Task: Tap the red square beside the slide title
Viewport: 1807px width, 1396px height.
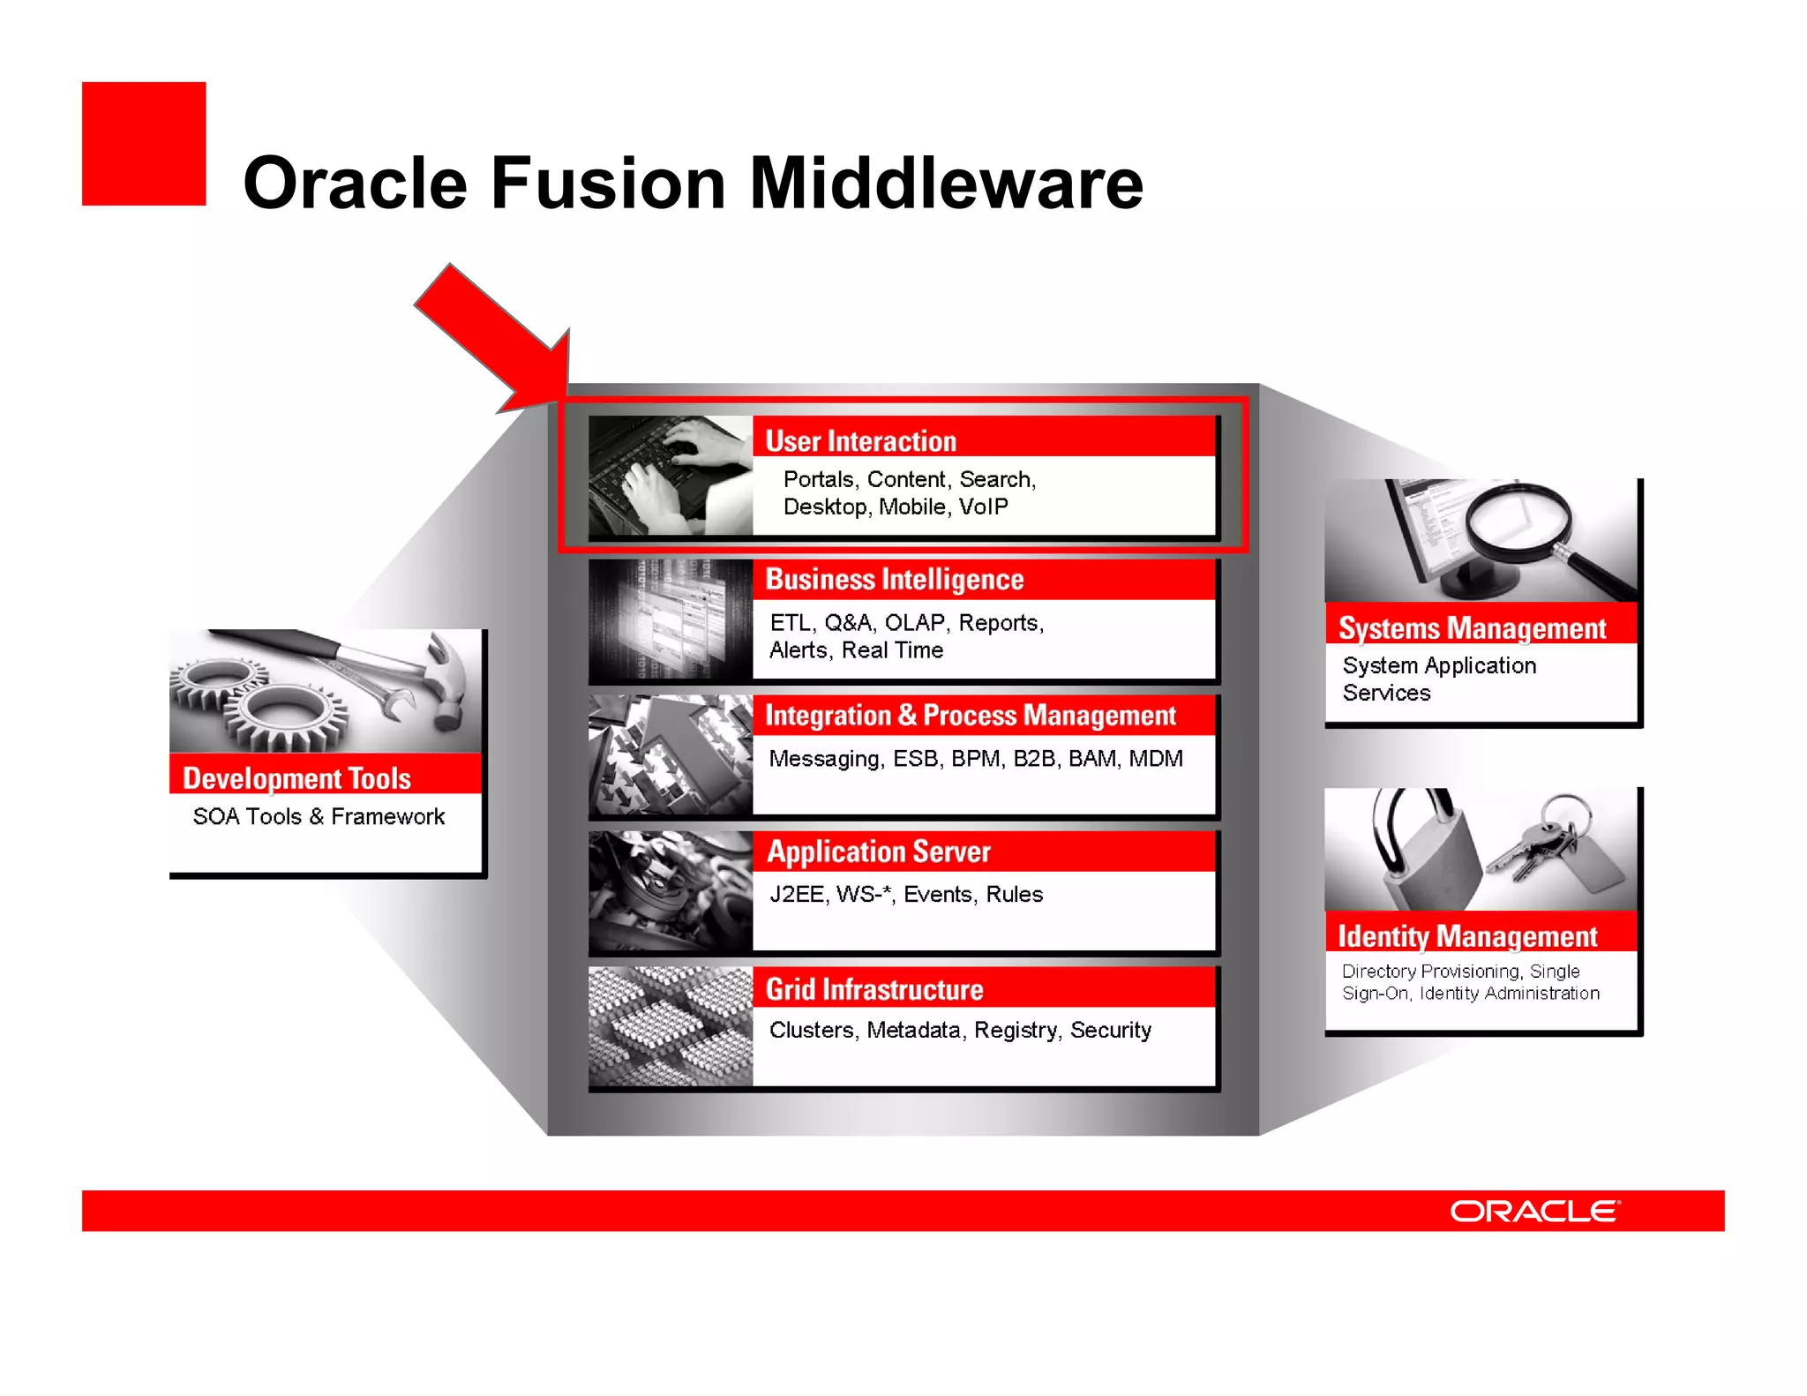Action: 144,144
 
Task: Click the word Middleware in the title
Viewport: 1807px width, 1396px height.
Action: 946,184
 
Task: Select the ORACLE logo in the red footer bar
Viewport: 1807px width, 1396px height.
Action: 1534,1211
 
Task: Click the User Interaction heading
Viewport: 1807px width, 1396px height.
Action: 860,440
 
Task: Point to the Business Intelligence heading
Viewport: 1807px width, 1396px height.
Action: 894,579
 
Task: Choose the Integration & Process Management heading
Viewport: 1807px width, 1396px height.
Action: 970,715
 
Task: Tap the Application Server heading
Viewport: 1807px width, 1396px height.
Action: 878,852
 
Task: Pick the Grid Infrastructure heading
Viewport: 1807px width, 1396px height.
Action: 874,989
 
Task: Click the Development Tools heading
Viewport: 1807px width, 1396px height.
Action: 296,778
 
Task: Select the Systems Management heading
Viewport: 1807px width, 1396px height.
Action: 1472,627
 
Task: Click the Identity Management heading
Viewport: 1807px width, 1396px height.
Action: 1466,935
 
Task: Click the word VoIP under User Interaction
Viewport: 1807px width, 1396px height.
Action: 983,507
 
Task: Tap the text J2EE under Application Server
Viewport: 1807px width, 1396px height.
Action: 797,895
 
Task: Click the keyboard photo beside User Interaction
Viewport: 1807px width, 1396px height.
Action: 670,476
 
